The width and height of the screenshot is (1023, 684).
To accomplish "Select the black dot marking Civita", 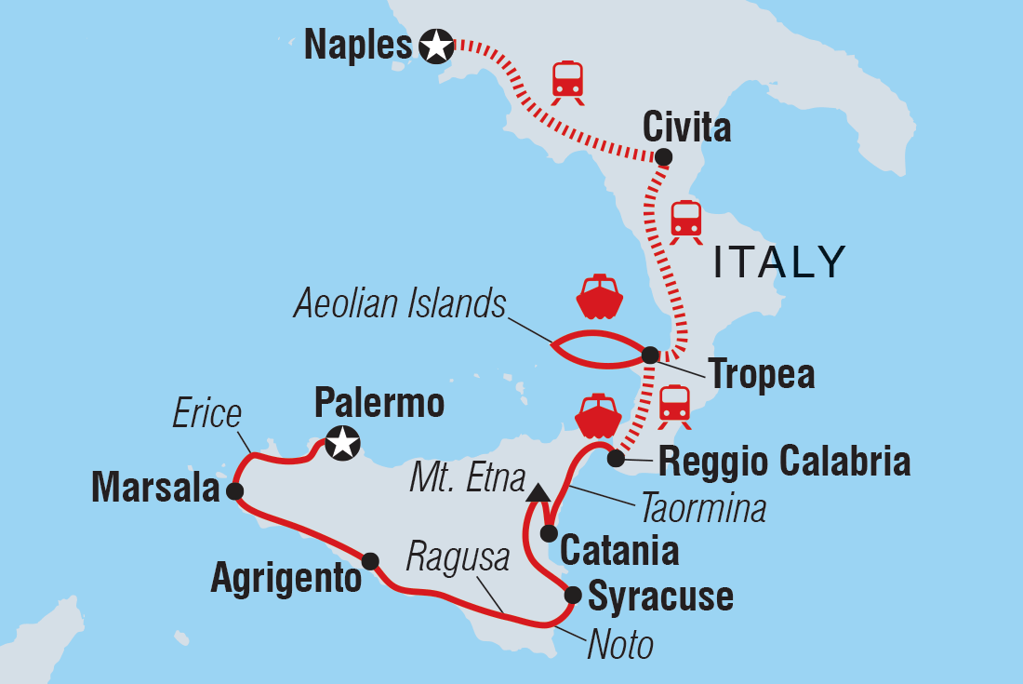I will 663,157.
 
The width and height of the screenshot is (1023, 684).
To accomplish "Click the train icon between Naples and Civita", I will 567,81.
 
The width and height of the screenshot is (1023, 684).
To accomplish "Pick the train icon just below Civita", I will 685,221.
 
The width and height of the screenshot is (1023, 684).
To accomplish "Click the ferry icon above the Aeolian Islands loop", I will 598,296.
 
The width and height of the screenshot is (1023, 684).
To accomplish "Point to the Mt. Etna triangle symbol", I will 537,492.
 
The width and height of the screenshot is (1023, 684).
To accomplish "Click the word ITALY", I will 779,263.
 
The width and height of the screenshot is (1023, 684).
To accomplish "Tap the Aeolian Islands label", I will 400,305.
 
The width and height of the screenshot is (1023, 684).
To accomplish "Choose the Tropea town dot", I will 650,355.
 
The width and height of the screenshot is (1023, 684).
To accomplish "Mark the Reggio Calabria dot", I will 615,458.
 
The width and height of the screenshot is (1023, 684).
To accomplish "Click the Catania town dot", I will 549,533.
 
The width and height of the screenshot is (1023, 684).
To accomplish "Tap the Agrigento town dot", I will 369,560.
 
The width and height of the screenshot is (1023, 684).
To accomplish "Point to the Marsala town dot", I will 234,490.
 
